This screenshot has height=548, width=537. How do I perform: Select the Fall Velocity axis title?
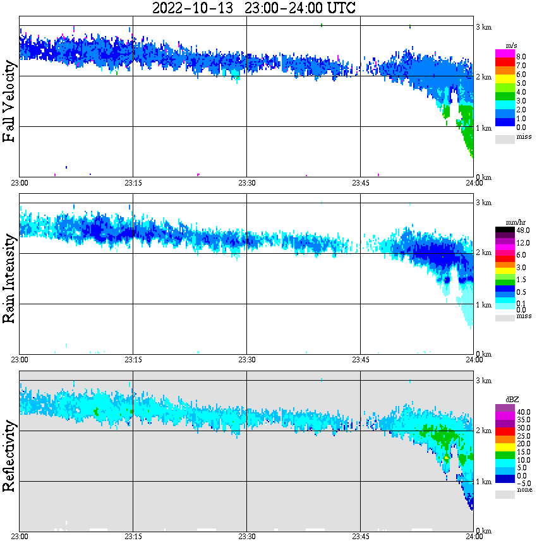pyautogui.click(x=9, y=101)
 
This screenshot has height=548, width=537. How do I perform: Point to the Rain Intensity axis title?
pyautogui.click(x=9, y=278)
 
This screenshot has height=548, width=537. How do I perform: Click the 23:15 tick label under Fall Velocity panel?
pyautogui.click(x=133, y=183)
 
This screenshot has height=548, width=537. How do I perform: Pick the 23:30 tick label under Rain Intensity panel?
pyautogui.click(x=246, y=360)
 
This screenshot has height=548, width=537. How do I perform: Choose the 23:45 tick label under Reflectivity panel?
pyautogui.click(x=360, y=537)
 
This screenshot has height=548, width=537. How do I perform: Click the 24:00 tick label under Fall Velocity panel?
pyautogui.click(x=474, y=183)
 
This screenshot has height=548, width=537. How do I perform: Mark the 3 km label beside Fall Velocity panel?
pyautogui.click(x=484, y=27)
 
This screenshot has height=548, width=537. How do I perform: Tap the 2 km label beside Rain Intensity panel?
pyautogui.click(x=484, y=253)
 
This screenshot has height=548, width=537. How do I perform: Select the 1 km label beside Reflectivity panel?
pyautogui.click(x=484, y=482)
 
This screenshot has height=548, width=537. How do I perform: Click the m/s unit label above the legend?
pyautogui.click(x=512, y=46)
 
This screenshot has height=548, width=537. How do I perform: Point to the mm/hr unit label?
pyautogui.click(x=512, y=223)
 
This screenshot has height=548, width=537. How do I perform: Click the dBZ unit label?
pyautogui.click(x=512, y=400)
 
